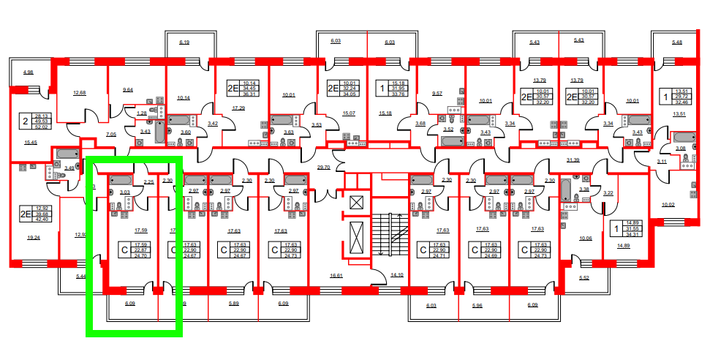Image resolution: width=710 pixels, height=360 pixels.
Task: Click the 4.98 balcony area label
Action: [x=29, y=72]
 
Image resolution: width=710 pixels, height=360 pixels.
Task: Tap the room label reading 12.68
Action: [x=80, y=93]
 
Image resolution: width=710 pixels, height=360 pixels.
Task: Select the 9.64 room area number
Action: [x=127, y=89]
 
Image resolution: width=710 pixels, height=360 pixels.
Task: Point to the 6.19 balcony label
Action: [x=184, y=43]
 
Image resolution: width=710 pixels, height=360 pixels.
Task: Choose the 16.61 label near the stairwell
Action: [x=336, y=276]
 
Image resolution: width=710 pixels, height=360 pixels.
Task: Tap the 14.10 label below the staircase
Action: [x=397, y=275]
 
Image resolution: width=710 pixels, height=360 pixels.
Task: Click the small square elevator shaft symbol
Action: [x=357, y=202]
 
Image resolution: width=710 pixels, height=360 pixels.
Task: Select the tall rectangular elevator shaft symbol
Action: [x=357, y=238]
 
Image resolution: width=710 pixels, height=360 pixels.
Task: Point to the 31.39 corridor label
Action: [x=573, y=160]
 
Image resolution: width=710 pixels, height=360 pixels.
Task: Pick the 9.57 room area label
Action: [x=437, y=94]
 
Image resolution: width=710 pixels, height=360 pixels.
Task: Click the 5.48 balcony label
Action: [x=676, y=42]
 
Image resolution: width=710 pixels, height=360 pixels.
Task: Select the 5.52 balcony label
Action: [x=584, y=278]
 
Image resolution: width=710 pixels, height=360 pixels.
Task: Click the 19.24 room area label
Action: [x=34, y=238]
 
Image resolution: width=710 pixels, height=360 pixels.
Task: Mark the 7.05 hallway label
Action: [x=111, y=135]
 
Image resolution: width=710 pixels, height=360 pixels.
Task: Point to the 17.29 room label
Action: [x=238, y=108]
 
